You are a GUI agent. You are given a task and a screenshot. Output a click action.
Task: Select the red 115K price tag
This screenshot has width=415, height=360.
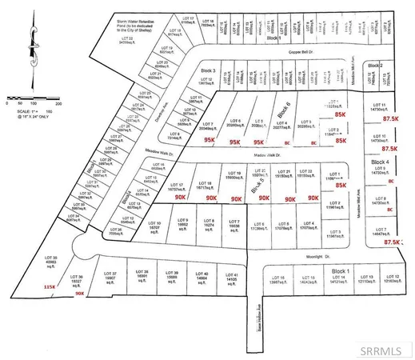tap(50, 286)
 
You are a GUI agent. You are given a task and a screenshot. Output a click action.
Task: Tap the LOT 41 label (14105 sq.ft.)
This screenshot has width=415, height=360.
tap(232, 276)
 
